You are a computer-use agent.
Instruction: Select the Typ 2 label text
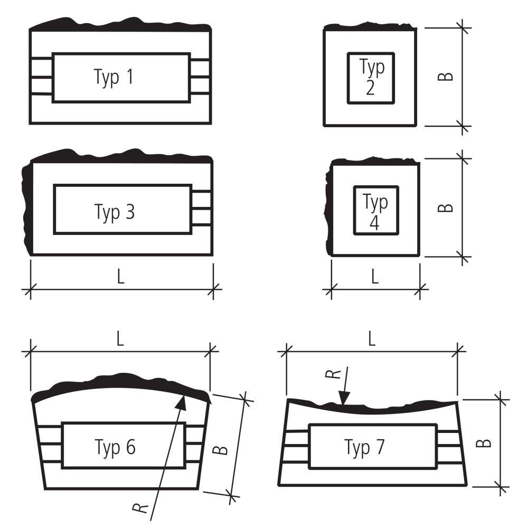(x=371, y=77)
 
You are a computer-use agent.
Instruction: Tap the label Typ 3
(x=115, y=212)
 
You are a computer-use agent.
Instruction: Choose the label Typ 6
(x=115, y=448)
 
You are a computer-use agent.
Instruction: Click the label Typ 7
(x=364, y=448)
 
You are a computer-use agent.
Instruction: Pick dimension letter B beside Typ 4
(x=445, y=208)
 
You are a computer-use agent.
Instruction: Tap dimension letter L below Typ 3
(x=120, y=277)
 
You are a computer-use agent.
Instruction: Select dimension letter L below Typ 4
(x=375, y=277)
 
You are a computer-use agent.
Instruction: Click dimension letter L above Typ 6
(x=120, y=339)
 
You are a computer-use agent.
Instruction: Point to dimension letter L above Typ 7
(x=371, y=339)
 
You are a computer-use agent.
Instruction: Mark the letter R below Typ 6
(x=140, y=508)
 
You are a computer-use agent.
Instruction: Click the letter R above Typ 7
(x=333, y=374)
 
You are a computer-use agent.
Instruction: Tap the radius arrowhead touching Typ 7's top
(x=344, y=398)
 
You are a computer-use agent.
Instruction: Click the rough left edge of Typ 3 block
(x=27, y=209)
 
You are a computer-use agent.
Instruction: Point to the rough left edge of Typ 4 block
(x=328, y=209)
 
